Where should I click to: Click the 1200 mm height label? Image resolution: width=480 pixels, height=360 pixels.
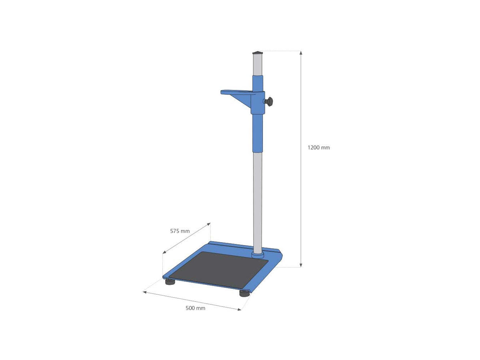(318, 148)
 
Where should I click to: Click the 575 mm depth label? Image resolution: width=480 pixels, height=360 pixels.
(180, 231)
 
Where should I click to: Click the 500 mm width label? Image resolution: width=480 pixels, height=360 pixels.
(195, 308)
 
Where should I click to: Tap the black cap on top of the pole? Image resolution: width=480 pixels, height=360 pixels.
(258, 52)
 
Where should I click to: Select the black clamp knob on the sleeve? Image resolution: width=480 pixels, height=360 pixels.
(270, 102)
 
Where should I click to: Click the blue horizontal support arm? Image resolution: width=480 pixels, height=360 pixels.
(236, 92)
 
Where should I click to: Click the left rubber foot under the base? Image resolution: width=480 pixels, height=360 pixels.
(170, 282)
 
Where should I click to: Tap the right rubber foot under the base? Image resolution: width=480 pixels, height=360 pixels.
(244, 294)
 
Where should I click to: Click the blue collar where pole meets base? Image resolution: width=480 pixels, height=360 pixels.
(258, 254)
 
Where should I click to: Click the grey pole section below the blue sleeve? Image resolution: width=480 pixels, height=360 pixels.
(258, 200)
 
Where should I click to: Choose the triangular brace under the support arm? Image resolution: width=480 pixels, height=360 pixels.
(243, 100)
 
